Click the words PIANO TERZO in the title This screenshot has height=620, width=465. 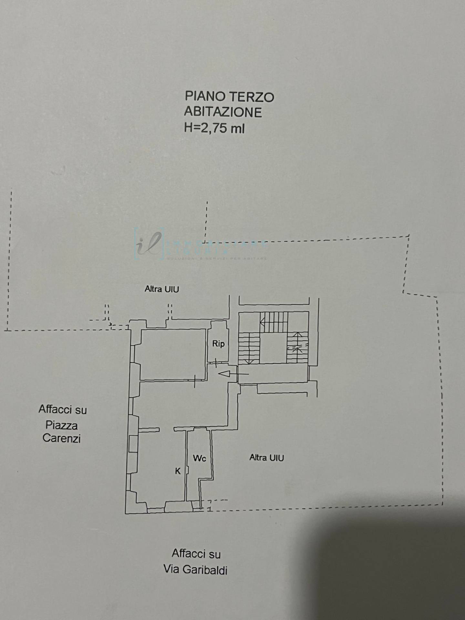pos(229,97)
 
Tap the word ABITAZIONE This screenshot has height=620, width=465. pos(223,112)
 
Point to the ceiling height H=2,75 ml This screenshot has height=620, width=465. pos(214,128)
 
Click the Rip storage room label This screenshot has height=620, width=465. pos(218,344)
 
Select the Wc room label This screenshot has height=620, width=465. pos(199,458)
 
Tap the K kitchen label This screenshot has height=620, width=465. pos(178,471)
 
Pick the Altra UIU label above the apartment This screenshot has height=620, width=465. pos(161,289)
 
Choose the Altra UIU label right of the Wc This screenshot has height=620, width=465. pos(266,458)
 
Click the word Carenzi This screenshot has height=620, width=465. pos(61,438)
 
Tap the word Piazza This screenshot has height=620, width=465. pos(61,425)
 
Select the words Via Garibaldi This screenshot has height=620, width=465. pos(195,569)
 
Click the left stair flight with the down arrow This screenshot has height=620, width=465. pos(249,349)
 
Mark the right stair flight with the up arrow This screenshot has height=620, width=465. pos(297,347)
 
